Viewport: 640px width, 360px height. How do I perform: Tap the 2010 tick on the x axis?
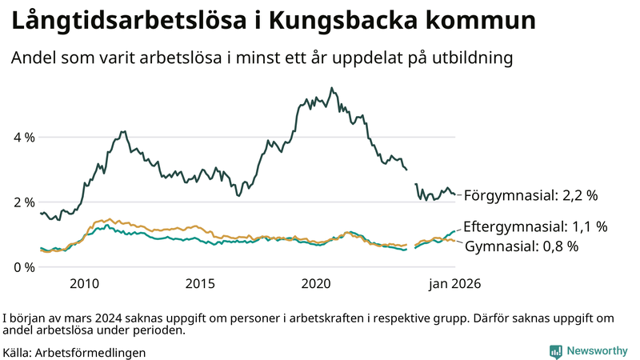(84, 283)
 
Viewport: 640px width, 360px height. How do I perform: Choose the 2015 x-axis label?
(201, 283)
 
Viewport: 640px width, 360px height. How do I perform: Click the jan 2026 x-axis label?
(454, 283)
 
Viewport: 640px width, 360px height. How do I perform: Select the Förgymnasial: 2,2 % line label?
(530, 194)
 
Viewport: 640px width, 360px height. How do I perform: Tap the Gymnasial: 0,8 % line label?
(521, 246)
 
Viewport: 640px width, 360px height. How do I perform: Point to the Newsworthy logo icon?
(555, 351)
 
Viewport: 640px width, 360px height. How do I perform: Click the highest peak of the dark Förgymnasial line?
(332, 88)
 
